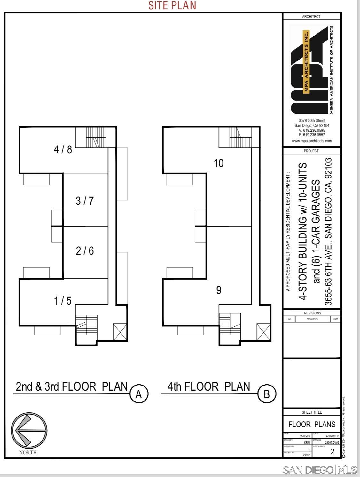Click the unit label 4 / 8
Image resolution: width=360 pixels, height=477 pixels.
point(63,149)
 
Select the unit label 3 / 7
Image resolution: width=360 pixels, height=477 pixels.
point(84,201)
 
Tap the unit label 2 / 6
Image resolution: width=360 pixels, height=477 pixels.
point(85,250)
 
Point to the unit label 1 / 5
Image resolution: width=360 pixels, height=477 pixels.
point(62,301)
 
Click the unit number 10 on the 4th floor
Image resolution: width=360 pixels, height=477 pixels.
point(218,163)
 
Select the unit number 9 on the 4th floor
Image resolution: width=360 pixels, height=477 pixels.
point(219,290)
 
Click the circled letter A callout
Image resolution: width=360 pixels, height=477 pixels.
point(139,394)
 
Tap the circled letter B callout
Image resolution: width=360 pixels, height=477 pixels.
point(267,394)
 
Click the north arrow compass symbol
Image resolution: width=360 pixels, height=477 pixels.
point(29,430)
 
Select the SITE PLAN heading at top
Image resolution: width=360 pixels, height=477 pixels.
point(172,5)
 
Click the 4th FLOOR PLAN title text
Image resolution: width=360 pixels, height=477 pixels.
point(209,386)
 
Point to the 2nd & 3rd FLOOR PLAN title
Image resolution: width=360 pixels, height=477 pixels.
point(72,386)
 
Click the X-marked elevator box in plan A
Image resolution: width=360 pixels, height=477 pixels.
point(120,332)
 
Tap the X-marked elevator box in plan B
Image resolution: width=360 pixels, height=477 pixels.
point(263,332)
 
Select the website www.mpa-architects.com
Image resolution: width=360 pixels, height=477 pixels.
point(312,141)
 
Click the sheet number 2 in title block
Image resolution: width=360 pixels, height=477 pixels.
point(332,451)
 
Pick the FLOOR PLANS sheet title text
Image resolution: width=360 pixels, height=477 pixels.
point(312,425)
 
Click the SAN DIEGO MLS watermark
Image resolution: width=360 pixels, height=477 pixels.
point(320,470)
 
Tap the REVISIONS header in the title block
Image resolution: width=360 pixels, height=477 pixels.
point(312,313)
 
